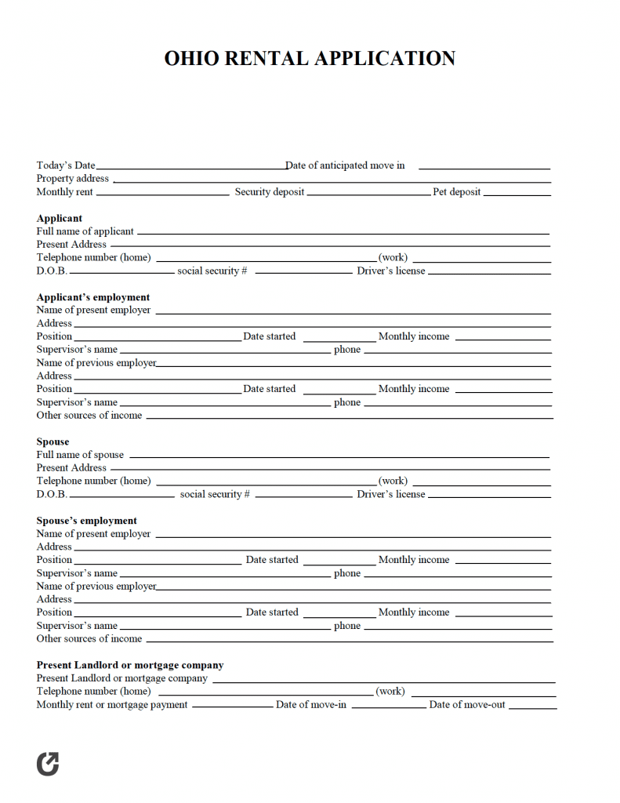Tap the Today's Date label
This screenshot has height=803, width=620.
66,165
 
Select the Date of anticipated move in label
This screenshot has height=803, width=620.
346,165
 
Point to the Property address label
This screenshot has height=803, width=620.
73,179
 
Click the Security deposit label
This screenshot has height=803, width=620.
270,192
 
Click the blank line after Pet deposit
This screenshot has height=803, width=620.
517,194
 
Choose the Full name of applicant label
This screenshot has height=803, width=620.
85,231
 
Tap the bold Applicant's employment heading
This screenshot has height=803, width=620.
93,297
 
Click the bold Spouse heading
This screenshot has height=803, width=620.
53,441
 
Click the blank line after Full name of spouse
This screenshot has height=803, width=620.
339,457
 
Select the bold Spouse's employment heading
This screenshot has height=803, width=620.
86,521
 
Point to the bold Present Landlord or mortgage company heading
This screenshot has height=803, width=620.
130,665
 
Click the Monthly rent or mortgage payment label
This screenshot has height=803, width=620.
112,705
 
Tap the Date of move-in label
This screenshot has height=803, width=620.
311,705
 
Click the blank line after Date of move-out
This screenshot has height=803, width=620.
533,707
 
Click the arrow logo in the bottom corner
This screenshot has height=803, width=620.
48,764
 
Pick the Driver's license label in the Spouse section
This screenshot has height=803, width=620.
391,494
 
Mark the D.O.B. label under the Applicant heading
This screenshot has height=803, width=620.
52,271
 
